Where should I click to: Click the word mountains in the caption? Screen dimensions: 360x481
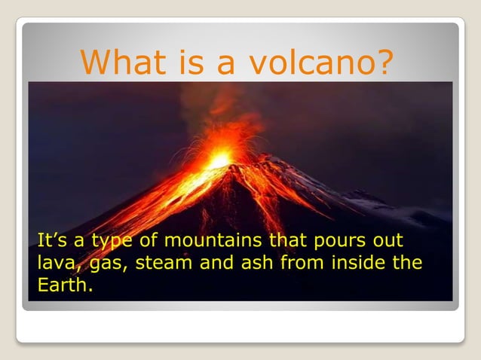coord(212,242)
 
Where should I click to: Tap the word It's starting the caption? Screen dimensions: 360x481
coord(51,242)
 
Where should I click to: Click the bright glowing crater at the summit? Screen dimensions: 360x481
coord(219,160)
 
